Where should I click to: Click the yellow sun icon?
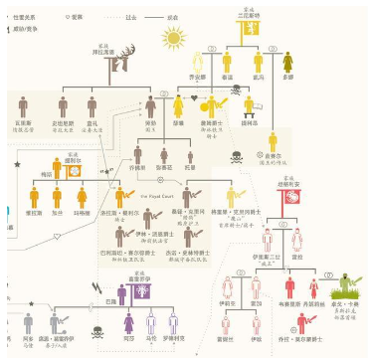[176, 40]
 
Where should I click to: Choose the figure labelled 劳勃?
[150, 104]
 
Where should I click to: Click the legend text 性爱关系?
[20, 18]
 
